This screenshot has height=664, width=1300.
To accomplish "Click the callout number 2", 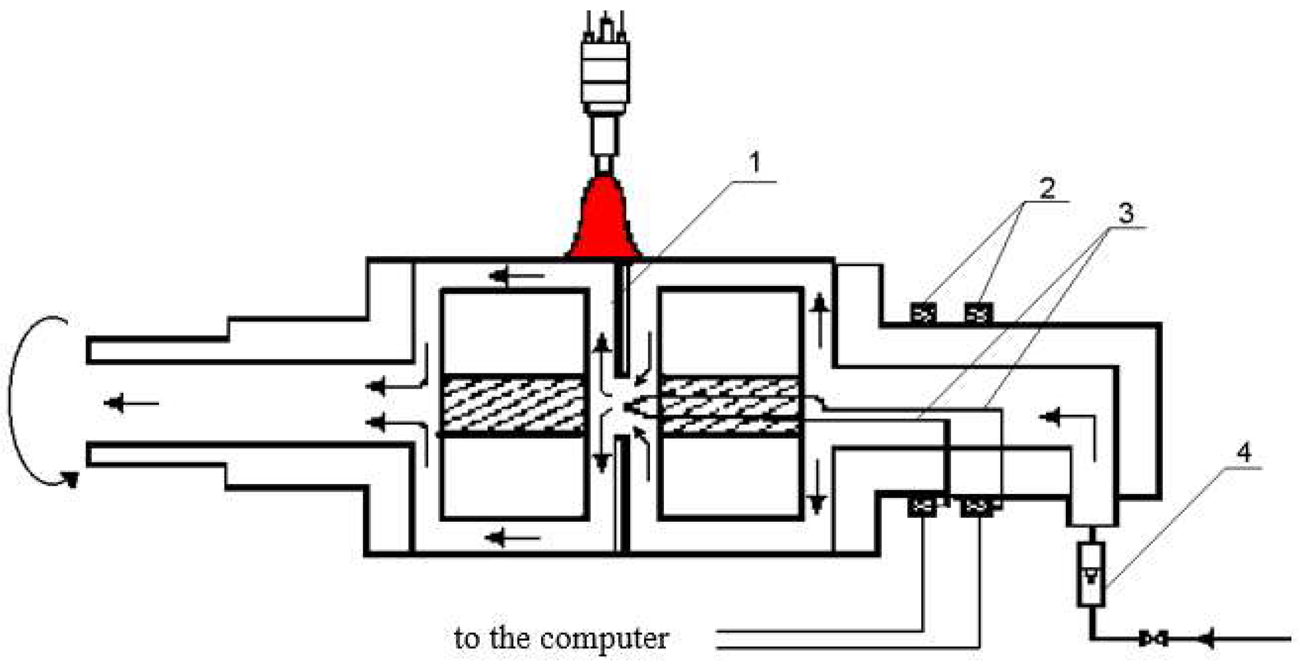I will tap(1047, 188).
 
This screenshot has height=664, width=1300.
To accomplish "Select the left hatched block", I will tap(512, 405).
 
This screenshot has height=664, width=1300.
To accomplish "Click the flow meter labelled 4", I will tap(1090, 574).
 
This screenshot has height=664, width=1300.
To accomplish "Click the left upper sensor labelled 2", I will tap(923, 314).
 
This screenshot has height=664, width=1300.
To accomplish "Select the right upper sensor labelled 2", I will tap(978, 314).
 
